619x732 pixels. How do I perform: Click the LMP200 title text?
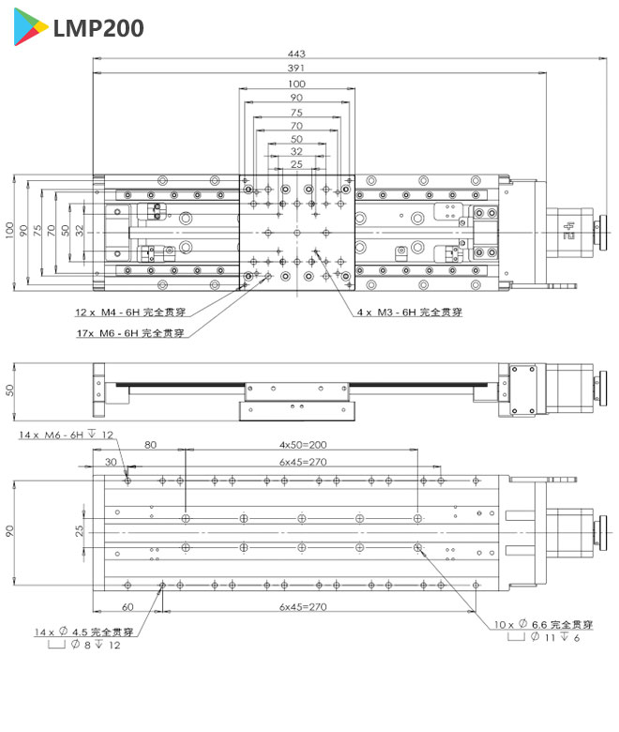[98, 29]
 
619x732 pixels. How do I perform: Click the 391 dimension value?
[297, 69]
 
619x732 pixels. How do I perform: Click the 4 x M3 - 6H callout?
[409, 313]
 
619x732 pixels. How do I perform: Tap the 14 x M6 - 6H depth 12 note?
[66, 435]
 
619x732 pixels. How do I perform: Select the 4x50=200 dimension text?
[302, 445]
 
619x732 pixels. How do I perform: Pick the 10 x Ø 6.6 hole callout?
[543, 624]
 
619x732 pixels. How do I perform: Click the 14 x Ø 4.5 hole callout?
[83, 632]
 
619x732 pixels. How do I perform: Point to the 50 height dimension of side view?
[10, 389]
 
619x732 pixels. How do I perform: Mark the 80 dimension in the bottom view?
[150, 445]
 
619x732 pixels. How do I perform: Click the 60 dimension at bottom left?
[128, 607]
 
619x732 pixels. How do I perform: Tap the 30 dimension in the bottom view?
[112, 462]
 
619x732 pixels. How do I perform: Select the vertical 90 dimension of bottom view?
[10, 530]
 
